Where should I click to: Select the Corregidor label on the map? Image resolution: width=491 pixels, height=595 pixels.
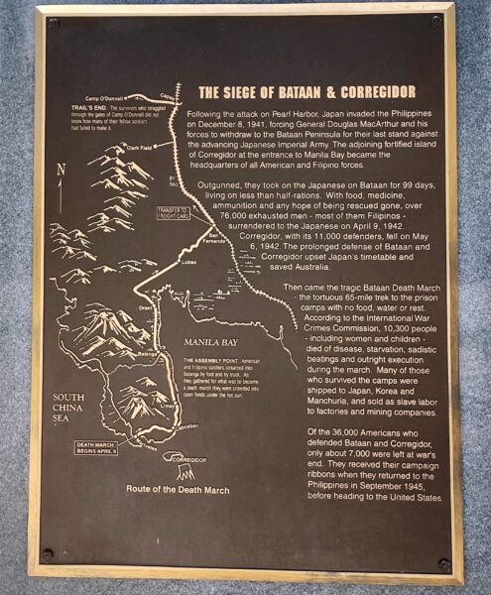(x=191, y=460)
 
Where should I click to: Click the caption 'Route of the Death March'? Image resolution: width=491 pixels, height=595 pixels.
(x=178, y=489)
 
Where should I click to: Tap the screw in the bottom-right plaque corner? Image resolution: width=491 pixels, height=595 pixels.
(x=443, y=564)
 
